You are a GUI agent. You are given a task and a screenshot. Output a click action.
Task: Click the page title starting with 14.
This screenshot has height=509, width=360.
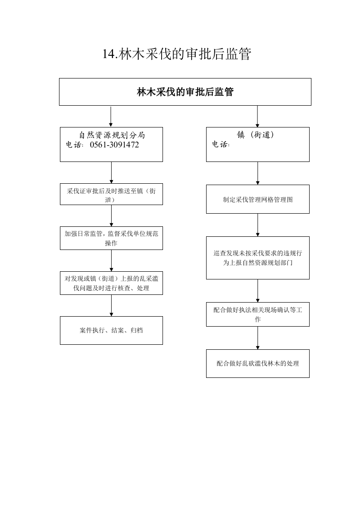coord(177,54)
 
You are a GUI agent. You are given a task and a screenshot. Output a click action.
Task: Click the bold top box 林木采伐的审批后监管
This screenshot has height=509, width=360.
coord(185,92)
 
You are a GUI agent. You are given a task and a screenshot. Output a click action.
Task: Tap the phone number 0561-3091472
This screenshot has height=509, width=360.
coord(114,145)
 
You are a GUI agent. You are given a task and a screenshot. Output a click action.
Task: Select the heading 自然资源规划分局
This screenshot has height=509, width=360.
coord(112,135)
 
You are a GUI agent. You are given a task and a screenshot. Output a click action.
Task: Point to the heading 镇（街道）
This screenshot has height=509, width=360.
coord(256,134)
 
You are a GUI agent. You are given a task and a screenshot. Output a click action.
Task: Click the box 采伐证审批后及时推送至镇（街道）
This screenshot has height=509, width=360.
coord(111,194)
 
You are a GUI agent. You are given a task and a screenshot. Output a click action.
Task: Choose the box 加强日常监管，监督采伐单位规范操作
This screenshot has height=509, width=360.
coord(111,238)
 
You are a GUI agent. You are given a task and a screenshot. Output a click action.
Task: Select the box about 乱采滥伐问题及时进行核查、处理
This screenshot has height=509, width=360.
coord(111,283)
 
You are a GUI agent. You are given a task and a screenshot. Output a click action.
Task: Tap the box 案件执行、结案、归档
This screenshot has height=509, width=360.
coord(111,330)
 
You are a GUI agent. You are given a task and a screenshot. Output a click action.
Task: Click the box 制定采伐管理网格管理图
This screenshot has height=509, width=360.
coord(258,199)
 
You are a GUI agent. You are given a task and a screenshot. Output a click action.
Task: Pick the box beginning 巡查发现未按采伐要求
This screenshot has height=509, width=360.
coord(258,258)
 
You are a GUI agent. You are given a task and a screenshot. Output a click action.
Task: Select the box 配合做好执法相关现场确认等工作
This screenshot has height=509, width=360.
coord(258,314)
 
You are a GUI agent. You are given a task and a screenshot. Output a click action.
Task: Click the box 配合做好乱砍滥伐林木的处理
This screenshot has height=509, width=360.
coord(258,363)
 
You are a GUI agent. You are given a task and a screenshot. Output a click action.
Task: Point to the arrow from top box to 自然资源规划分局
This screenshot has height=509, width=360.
coord(111,117)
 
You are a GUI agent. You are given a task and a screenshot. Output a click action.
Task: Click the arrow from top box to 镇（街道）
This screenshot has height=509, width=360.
coord(257,117)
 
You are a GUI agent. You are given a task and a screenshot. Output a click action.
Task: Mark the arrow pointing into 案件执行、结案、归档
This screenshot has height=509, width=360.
coord(111,305)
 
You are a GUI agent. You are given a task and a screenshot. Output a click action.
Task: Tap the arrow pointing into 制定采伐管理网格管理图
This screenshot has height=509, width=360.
coord(258,173)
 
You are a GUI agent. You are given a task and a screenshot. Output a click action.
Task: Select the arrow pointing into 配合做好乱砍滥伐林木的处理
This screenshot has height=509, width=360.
coord(258,338)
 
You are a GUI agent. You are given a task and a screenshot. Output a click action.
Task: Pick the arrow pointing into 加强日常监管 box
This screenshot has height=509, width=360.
coord(111,216)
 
